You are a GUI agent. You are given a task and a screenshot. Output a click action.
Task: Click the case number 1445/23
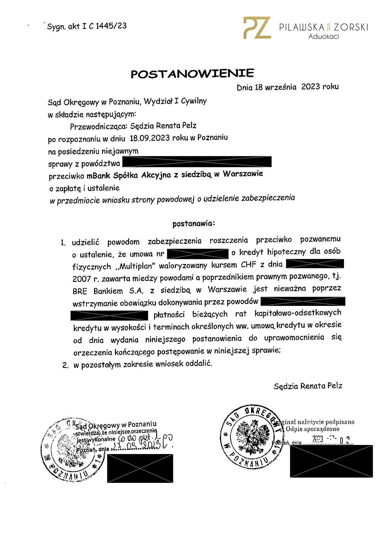click(x=111, y=26)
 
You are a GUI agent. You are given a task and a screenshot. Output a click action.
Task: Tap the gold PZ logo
click(x=257, y=28)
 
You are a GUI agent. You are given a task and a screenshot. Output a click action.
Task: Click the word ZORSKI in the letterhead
click(x=351, y=27)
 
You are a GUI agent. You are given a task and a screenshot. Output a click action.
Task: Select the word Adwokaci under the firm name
click(x=323, y=37)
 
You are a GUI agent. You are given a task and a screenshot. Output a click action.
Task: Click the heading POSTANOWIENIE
click(x=192, y=74)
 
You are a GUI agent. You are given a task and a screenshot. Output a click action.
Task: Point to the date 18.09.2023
click(x=150, y=138)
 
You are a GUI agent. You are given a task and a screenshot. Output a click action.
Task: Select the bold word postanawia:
click(x=194, y=224)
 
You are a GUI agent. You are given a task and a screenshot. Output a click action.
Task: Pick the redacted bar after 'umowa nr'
click(x=197, y=254)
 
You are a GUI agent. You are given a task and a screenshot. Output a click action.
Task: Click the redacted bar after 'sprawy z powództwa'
click(x=197, y=162)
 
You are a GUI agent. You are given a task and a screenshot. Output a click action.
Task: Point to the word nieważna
click(x=290, y=289)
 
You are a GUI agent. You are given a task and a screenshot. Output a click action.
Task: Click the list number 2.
click(x=65, y=365)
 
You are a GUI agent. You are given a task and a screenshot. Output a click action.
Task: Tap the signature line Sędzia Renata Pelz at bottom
click(x=308, y=386)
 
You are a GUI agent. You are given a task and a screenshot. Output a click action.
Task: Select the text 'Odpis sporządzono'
click(x=312, y=429)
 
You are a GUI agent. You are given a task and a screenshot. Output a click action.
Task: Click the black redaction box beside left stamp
click(x=140, y=468)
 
